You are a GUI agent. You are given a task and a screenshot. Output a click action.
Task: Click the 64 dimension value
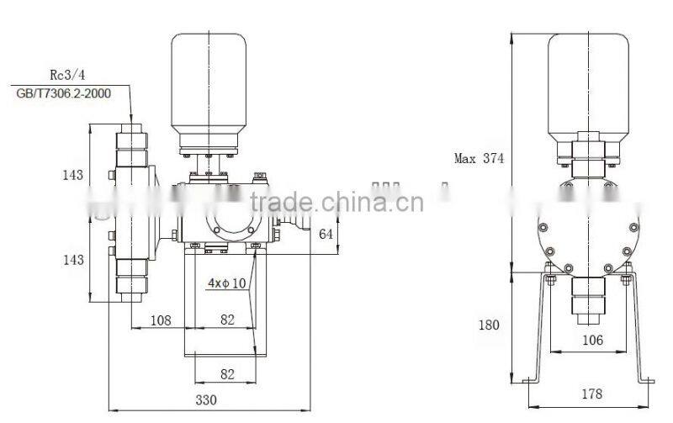(327, 234)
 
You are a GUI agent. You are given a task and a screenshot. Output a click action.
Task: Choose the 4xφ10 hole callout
(227, 283)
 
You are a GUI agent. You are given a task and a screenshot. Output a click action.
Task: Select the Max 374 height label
(480, 157)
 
